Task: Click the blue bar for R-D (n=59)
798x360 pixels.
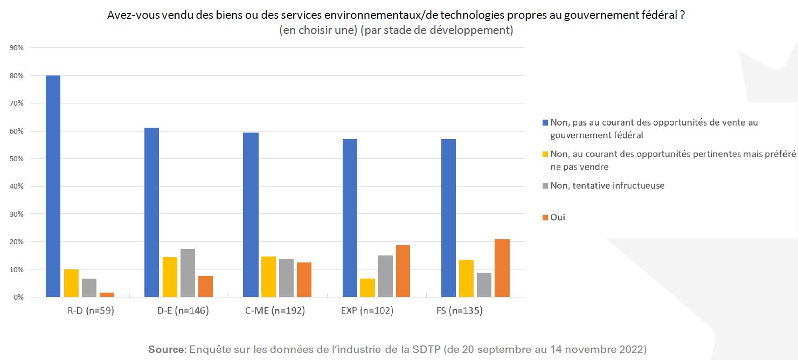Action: [53, 186]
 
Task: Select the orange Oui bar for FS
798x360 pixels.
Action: [502, 268]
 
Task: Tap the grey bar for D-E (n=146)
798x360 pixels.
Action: [188, 273]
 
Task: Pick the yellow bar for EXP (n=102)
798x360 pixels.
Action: [367, 287]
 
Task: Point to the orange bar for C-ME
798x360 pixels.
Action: [304, 279]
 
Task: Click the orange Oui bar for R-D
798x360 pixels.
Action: [107, 294]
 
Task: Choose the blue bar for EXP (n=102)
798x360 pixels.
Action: [349, 218]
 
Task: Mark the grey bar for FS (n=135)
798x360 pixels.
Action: [484, 285]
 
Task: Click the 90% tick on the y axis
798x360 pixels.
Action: [16, 48]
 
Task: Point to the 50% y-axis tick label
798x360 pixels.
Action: [16, 158]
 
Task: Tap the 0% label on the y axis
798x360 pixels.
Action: [18, 297]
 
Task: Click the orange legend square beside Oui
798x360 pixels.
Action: [545, 218]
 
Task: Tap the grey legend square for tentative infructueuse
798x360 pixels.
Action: [545, 186]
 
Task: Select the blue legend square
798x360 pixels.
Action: [545, 123]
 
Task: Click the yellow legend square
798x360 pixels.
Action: [545, 154]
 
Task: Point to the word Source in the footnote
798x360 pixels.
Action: [166, 349]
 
